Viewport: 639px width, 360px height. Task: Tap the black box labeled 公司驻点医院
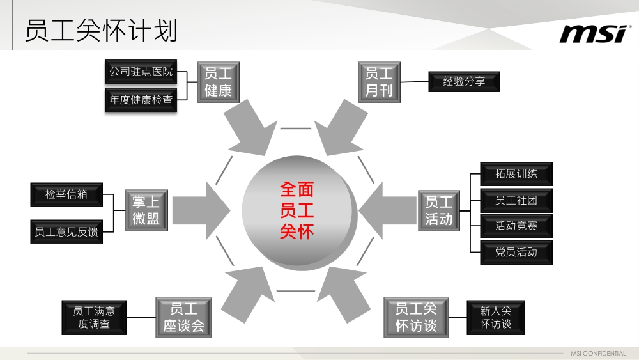point(141,72)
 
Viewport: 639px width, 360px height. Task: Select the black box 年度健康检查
point(141,100)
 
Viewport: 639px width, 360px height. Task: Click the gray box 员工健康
point(218,82)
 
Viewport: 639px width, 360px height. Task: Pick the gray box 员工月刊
point(379,82)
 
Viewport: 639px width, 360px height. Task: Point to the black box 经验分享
point(464,82)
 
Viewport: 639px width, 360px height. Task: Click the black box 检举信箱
point(66,194)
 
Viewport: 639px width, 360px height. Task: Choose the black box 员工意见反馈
point(66,231)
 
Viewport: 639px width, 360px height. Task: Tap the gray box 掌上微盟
point(146,210)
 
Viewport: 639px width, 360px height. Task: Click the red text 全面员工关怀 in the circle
point(297,210)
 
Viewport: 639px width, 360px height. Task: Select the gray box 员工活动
point(438,210)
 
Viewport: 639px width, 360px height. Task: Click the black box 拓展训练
point(516,174)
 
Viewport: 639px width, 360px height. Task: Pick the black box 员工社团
point(516,200)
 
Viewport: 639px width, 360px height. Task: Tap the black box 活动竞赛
point(516,226)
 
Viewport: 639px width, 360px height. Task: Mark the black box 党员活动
point(516,252)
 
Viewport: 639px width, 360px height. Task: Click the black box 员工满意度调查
point(94,317)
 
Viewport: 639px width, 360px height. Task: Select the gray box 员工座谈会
point(183,318)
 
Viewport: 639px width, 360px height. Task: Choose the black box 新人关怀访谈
point(496,317)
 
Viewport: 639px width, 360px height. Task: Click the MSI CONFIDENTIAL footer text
point(598,354)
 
